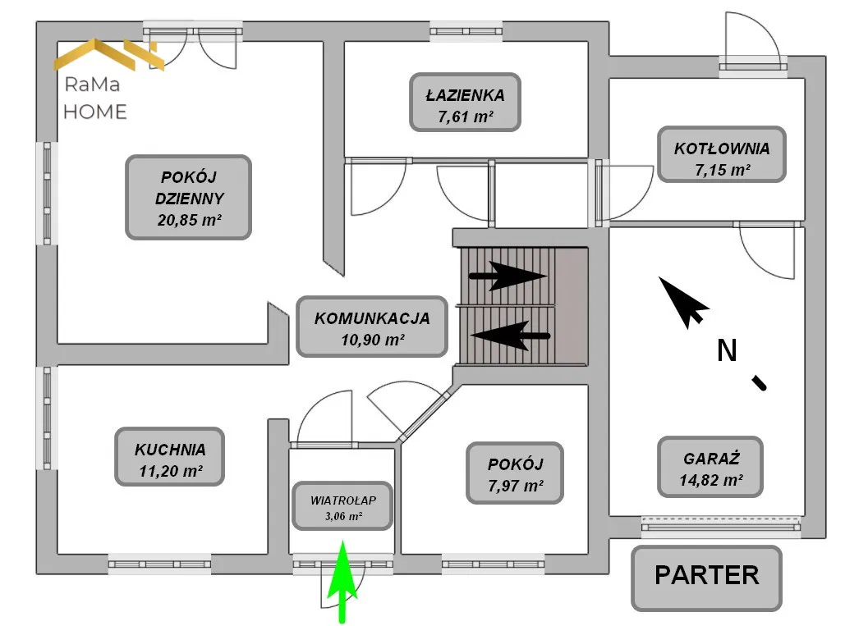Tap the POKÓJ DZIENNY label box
pos(188,198)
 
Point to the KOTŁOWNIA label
pos(722,155)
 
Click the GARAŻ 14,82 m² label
pos(710,467)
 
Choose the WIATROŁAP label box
pos(342,506)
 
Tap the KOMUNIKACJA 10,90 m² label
pos(373,326)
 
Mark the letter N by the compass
pos(726,351)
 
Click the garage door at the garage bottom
pos(720,525)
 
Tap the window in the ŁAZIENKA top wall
pos(466,31)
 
